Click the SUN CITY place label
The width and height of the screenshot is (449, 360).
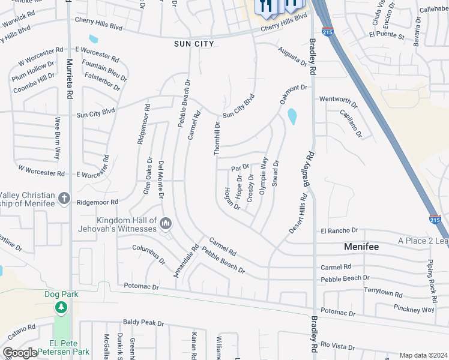(x=193, y=44)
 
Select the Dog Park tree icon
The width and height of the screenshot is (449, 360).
(x=61, y=307)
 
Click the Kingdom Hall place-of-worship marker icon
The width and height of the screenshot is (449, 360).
(x=166, y=224)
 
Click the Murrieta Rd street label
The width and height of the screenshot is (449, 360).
(x=70, y=79)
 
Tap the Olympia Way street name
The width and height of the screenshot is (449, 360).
(x=262, y=175)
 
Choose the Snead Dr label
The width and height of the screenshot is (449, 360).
(x=276, y=173)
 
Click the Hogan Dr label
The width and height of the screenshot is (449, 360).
(x=232, y=199)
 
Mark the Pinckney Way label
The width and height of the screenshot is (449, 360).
(x=415, y=310)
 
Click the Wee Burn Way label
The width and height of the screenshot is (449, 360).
(x=58, y=137)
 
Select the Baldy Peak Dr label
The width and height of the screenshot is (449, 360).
(x=143, y=323)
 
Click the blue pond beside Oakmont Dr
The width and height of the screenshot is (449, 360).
(x=292, y=116)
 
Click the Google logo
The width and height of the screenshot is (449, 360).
(x=20, y=353)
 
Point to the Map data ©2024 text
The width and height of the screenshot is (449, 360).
(x=423, y=355)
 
